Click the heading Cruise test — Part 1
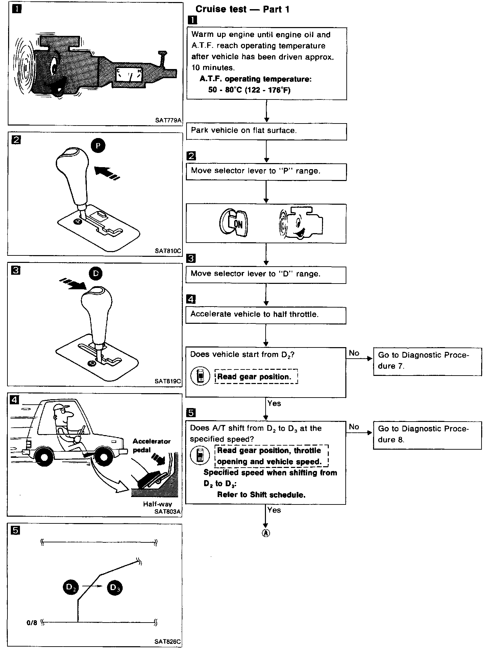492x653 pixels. [x=242, y=9]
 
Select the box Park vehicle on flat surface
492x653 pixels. [x=266, y=131]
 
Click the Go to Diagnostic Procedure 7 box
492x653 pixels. [x=427, y=361]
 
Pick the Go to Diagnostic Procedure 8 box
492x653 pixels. [x=427, y=435]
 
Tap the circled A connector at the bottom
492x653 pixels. [x=266, y=533]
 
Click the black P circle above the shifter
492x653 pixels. [x=98, y=146]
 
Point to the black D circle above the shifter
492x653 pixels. [x=96, y=273]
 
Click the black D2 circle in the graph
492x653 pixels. [x=70, y=588]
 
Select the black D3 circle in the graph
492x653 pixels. [x=115, y=588]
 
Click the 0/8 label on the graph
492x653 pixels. [x=32, y=623]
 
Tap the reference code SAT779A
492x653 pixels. [x=168, y=120]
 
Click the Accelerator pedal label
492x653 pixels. [x=151, y=445]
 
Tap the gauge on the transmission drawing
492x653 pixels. [x=129, y=75]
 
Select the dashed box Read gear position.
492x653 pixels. [x=256, y=377]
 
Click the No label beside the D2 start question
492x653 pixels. [x=354, y=353]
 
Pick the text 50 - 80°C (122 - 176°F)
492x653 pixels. [x=249, y=90]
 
